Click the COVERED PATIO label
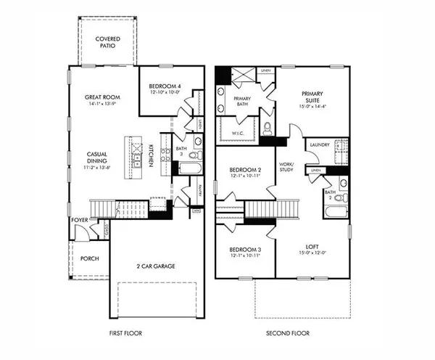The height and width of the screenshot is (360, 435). pos(107,42)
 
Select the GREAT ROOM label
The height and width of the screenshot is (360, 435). pos(102,97)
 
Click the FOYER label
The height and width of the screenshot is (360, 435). pos(80,219)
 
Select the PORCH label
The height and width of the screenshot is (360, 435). pos(90,258)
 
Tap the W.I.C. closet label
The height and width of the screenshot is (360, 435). pos(241,133)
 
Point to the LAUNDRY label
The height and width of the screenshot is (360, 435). pos(320,144)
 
